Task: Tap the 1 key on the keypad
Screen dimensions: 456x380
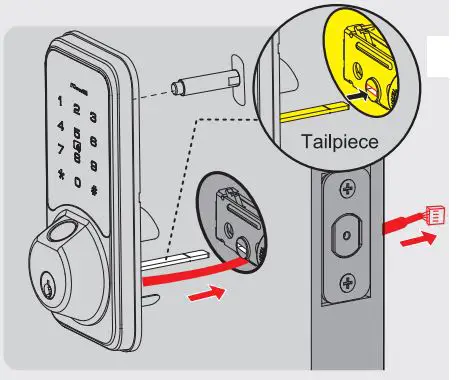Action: click(61, 102)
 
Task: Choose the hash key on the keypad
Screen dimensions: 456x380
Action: click(94, 190)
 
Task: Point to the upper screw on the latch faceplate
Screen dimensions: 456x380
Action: click(348, 188)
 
